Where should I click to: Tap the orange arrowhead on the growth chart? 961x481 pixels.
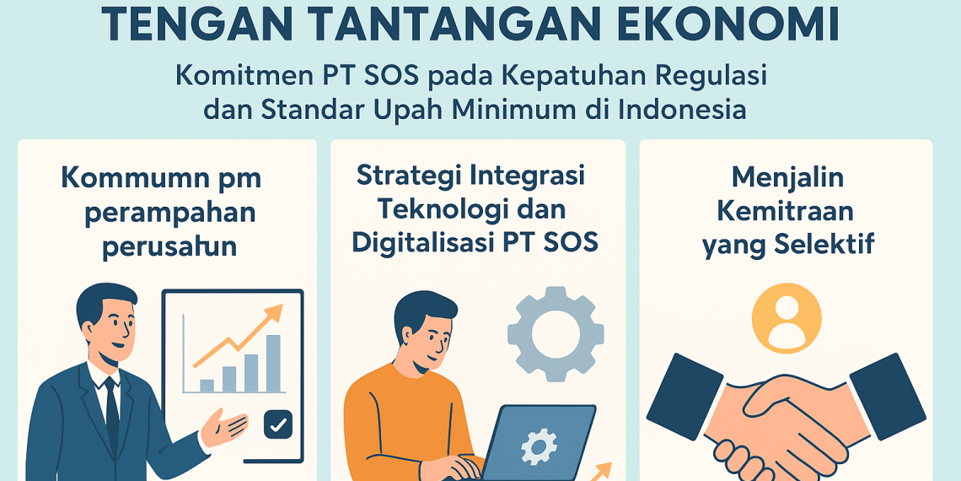272,316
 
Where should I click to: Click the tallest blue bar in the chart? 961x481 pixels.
274,364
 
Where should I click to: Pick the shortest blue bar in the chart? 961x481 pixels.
207,386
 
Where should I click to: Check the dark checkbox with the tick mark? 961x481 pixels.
277,424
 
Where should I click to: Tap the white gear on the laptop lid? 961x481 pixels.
536,444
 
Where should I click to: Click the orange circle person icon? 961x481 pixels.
787,317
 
